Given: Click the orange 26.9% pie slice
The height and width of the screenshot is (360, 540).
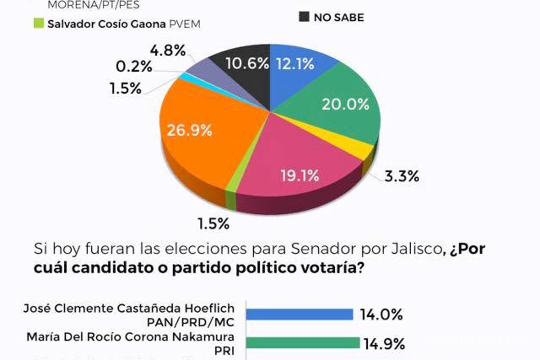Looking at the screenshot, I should click(x=193, y=135).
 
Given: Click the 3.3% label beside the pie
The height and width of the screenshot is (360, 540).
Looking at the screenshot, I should click(x=401, y=176).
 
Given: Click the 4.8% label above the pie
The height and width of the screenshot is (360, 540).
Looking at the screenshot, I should click(x=168, y=51).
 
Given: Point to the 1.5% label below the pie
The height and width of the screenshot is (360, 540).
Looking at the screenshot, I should click(x=213, y=223).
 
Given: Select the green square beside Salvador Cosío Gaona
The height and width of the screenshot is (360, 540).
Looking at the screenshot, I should click(x=39, y=23).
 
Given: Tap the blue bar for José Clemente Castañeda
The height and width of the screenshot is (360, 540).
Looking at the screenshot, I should click(x=300, y=315).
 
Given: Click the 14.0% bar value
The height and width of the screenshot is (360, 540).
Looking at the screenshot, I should click(x=381, y=315).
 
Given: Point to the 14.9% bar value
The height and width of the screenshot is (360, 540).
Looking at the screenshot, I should click(x=384, y=345).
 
